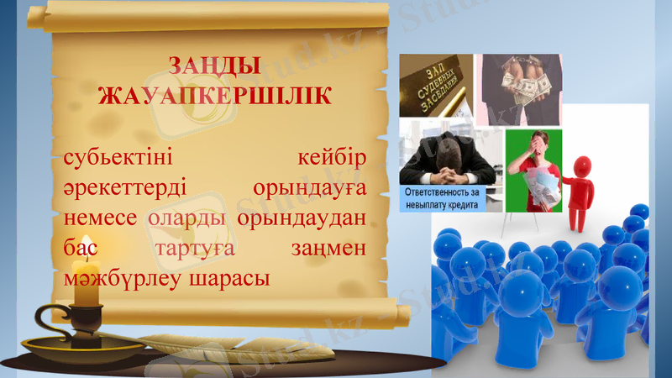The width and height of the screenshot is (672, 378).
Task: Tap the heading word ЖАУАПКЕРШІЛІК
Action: pyautogui.click(x=213, y=94)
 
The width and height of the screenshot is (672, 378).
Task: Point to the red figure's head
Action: pyautogui.click(x=581, y=165)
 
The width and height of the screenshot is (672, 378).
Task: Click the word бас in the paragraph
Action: pyautogui.click(x=77, y=248)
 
